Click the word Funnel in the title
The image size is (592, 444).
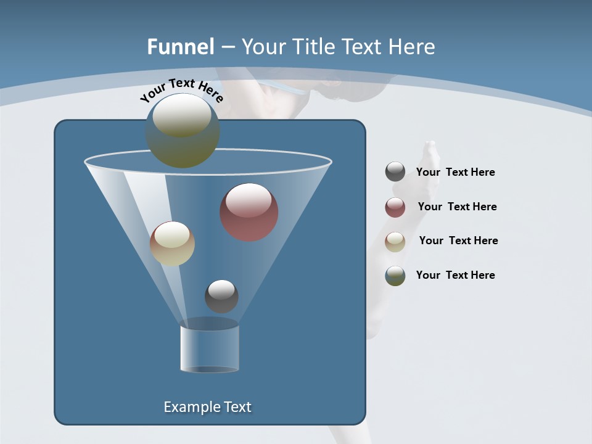[x=181, y=47]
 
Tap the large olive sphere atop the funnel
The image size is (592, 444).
[x=183, y=131]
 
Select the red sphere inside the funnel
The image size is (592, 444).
[x=249, y=212]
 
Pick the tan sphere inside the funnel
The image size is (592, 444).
[x=172, y=244]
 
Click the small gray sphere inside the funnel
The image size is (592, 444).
[x=221, y=296]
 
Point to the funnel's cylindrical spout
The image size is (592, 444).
[x=210, y=348]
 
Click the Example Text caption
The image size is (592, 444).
[x=207, y=407]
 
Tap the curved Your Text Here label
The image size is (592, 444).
[x=181, y=91]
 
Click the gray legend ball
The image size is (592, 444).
[x=395, y=172]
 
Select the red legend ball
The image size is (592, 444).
[x=395, y=207]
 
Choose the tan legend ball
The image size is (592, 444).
[x=395, y=241]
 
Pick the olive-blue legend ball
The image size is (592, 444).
[x=395, y=276]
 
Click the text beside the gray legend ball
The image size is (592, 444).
[x=455, y=172]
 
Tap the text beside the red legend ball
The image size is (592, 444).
[x=457, y=207]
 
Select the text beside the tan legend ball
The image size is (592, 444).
[x=458, y=240]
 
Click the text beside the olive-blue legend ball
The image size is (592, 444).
[x=455, y=275]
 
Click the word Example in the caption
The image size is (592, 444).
[x=189, y=407]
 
